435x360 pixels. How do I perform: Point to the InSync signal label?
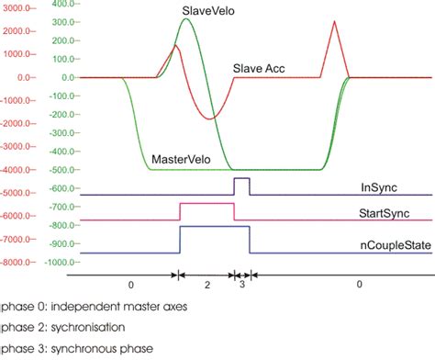pyautogui.click(x=378, y=187)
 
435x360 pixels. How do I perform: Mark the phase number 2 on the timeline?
pyautogui.click(x=207, y=286)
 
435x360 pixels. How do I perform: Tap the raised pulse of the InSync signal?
pyautogui.click(x=241, y=185)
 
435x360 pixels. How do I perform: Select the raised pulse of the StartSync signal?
pyautogui.click(x=206, y=210)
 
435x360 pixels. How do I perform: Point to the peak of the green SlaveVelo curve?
pyautogui.click(x=186, y=19)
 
